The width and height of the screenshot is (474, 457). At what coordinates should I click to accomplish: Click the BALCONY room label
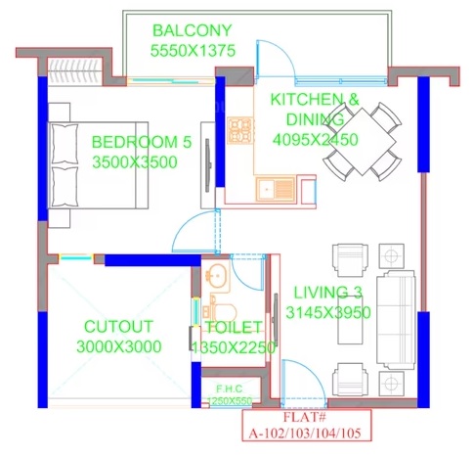[x=193, y=30]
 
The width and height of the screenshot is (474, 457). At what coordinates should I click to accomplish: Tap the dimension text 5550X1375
[x=193, y=51]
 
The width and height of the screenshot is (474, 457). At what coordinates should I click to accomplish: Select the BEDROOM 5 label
[x=142, y=142]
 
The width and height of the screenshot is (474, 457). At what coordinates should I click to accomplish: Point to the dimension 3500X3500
[x=135, y=162]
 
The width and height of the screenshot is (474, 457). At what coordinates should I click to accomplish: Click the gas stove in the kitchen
[x=240, y=130]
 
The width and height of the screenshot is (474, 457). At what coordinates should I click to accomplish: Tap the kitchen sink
[x=276, y=189]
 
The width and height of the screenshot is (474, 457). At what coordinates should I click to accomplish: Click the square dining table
[x=363, y=142]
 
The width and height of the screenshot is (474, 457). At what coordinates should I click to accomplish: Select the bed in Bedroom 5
[x=99, y=165]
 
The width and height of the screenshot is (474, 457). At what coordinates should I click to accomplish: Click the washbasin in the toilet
[x=217, y=276]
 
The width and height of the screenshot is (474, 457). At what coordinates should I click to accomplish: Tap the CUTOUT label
[x=118, y=327]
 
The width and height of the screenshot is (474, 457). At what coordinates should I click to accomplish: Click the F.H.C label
[x=230, y=388]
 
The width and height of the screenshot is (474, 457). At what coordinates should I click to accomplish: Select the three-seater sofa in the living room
[x=396, y=317]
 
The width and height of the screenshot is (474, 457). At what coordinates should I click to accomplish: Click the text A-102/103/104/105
[x=305, y=434]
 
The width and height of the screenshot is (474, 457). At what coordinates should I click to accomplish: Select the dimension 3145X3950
[x=328, y=313]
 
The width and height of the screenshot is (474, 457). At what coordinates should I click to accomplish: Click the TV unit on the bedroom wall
[x=208, y=165]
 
